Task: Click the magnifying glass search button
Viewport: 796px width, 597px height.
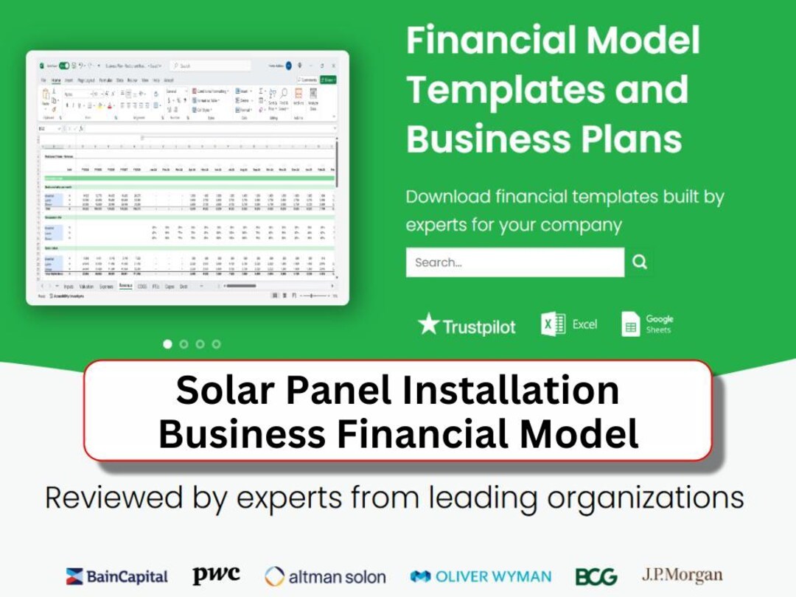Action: coord(640,262)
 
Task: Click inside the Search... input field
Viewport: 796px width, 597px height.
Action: coord(514,262)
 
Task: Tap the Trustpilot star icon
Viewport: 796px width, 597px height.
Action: coord(428,324)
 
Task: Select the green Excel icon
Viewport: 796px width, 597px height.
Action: coord(554,324)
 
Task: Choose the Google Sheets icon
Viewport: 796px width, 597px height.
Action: coord(631,324)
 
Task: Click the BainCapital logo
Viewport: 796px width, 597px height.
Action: coord(116,576)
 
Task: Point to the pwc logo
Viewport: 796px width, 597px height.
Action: coord(216,575)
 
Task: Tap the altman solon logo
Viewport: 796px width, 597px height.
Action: coord(325,576)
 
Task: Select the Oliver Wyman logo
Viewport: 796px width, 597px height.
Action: coord(481,576)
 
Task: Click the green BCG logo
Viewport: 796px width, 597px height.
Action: coord(596,576)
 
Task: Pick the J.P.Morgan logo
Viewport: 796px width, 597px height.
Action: coord(682,575)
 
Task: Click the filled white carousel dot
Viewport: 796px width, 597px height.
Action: coord(167,344)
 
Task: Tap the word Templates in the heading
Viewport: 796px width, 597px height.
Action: coord(493,90)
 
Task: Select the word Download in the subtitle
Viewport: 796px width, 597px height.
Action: coord(448,197)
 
